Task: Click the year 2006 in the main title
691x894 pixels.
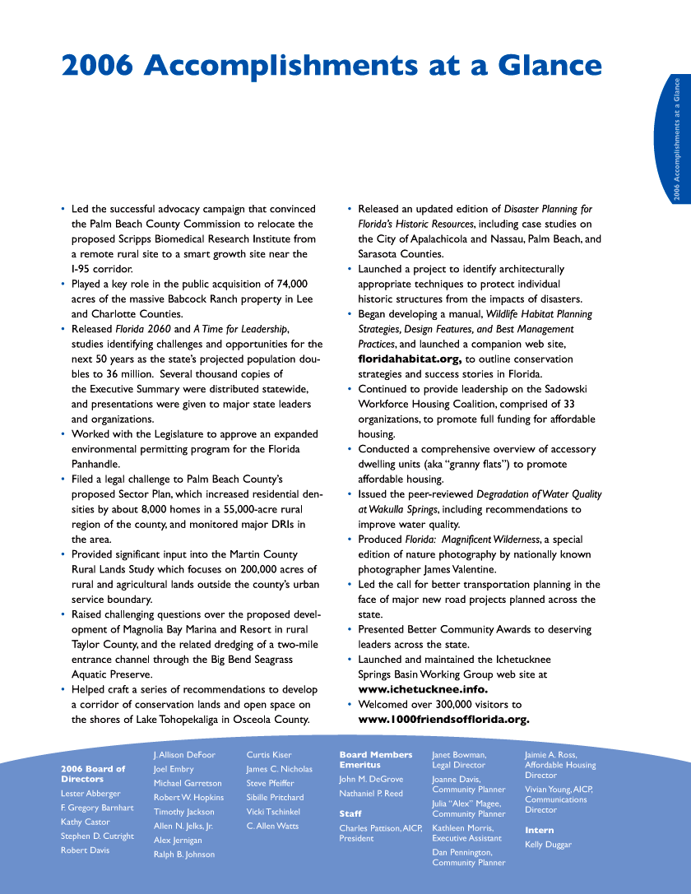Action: pos(97,66)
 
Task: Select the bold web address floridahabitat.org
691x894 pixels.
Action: pos(409,359)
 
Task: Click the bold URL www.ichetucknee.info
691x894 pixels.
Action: pos(423,689)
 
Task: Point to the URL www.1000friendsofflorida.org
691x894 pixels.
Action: pos(443,720)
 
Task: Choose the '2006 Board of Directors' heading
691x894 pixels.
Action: pos(93,774)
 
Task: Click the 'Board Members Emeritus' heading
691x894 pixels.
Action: pos(375,759)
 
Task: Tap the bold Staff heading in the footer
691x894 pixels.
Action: pos(350,813)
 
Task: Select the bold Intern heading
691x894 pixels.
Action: pos(539,830)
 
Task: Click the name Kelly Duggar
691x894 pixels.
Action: pos(548,845)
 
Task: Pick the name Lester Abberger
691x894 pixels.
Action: pos(90,794)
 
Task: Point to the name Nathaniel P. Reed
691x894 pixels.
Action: pos(371,794)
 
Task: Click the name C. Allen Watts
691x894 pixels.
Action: pos(272,826)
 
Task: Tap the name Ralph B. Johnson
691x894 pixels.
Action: pos(183,855)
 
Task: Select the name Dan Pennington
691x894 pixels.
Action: pos(462,853)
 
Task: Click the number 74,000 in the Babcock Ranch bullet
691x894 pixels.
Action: pos(289,284)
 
